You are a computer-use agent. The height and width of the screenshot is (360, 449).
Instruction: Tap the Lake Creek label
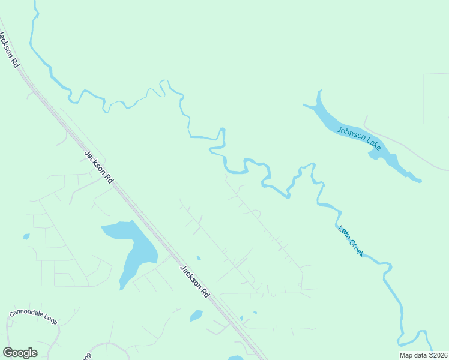[x=351, y=241]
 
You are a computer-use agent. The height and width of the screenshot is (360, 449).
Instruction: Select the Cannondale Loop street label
[x=34, y=317]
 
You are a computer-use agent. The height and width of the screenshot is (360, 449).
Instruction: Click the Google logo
[x=20, y=353]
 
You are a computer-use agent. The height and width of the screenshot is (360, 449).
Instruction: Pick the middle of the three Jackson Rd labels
[x=99, y=166]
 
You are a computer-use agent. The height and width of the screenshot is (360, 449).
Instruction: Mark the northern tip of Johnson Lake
[x=320, y=92]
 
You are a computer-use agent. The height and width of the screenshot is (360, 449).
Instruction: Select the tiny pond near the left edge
[x=26, y=236]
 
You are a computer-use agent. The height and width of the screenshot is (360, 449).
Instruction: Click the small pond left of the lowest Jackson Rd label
[x=196, y=315]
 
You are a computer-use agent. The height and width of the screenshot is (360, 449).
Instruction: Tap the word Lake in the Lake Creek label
[x=343, y=231]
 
